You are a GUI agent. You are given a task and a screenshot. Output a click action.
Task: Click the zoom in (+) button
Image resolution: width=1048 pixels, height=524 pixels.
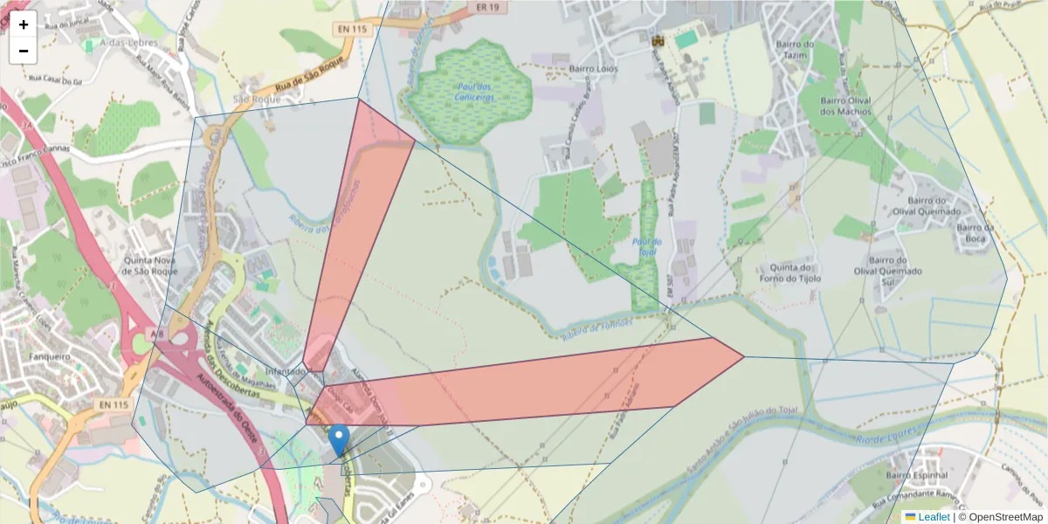click(x=24, y=24)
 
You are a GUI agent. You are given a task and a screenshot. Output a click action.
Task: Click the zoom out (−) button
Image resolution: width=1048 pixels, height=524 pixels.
click(x=24, y=51)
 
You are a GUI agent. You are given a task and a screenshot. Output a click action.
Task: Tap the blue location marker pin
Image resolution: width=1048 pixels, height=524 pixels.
click(x=340, y=440)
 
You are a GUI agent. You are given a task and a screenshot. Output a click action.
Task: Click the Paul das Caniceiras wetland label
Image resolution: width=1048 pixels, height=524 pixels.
click(x=473, y=92)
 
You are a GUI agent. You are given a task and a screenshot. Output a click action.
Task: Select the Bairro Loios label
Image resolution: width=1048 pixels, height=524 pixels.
click(x=594, y=67)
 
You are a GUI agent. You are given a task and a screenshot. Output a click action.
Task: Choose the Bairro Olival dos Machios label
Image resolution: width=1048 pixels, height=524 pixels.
click(x=845, y=106)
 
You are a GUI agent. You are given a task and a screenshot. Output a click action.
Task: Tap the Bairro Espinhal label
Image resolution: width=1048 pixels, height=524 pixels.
click(x=916, y=475)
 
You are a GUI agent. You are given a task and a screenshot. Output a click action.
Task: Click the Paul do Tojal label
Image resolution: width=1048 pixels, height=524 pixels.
click(x=646, y=246)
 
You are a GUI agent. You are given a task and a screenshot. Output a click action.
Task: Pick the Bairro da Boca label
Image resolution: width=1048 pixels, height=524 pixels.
click(x=976, y=233)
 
